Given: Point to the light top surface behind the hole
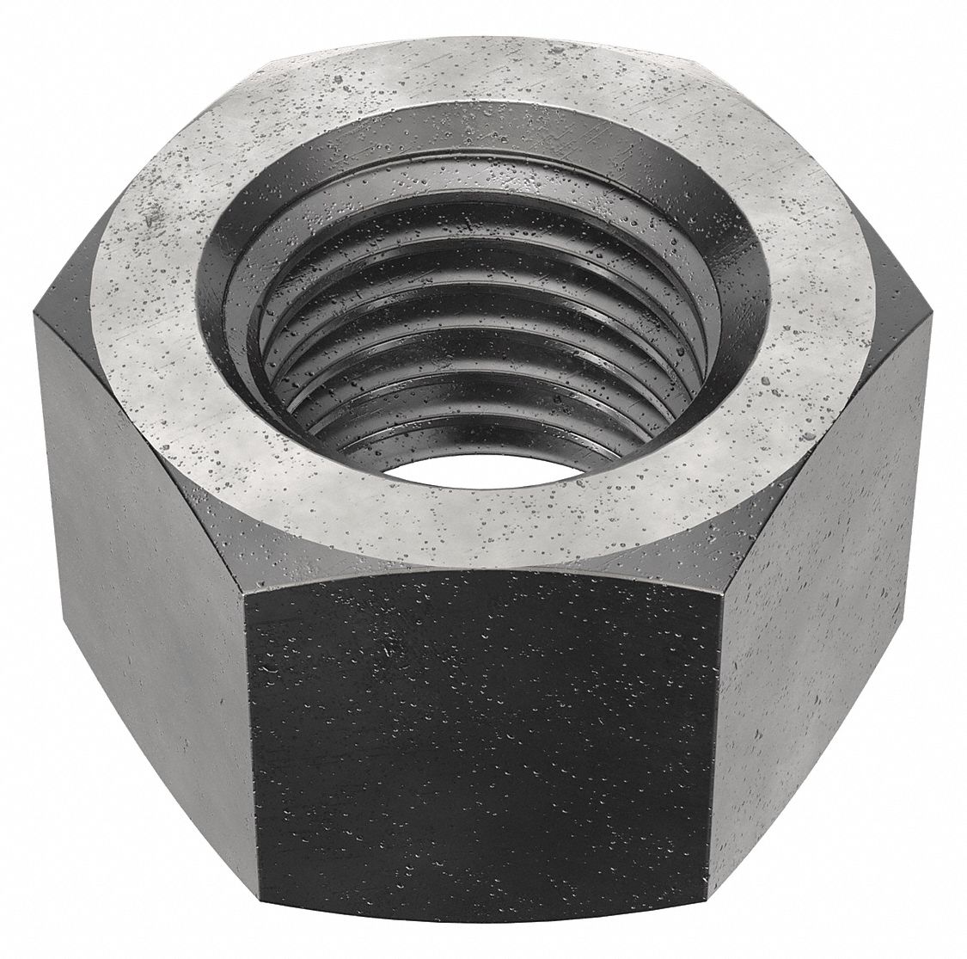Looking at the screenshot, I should coord(481,73).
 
